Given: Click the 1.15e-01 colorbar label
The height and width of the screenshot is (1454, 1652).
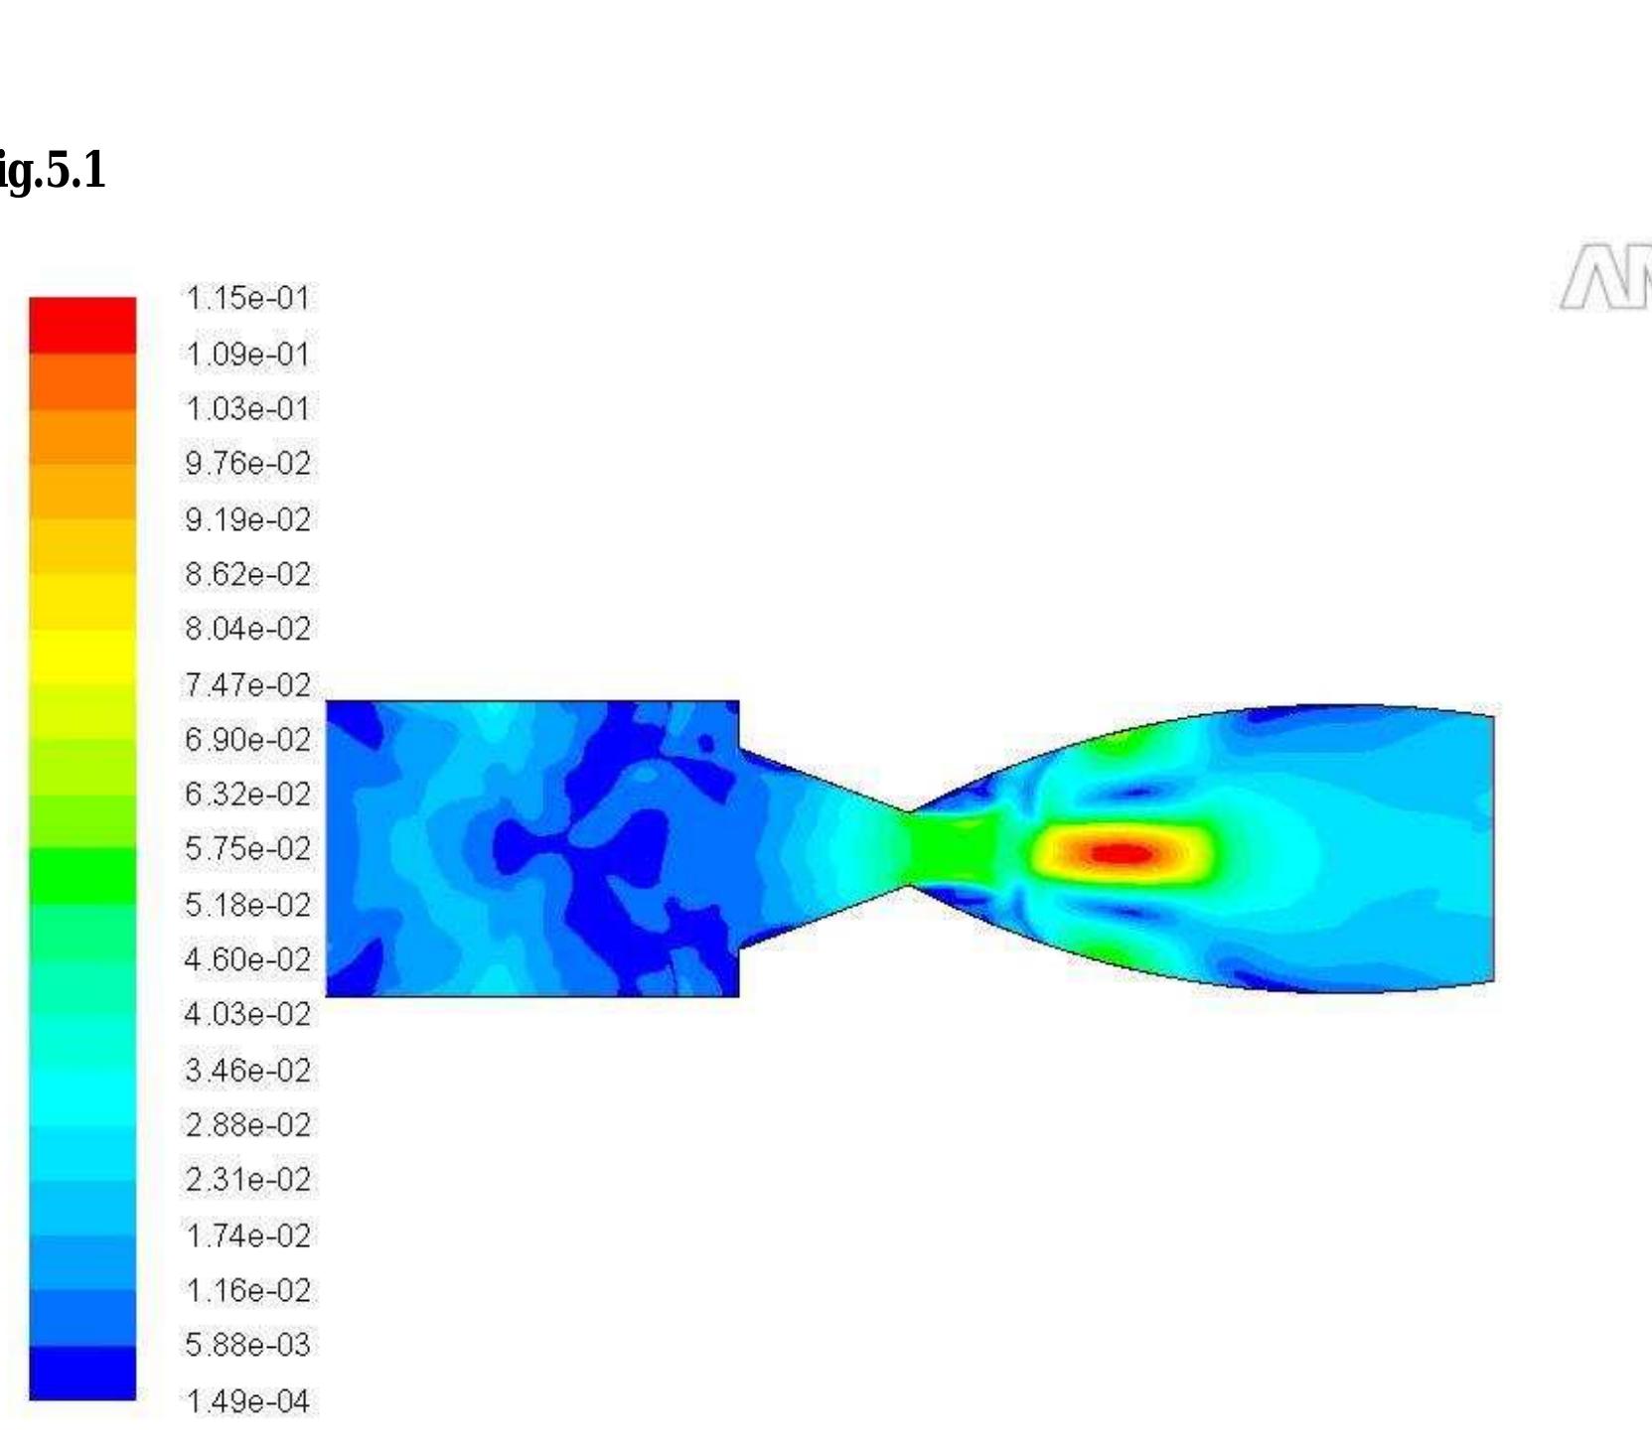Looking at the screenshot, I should pyautogui.click(x=247, y=298).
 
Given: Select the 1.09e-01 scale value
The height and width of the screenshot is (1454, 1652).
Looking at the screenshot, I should pyautogui.click(x=247, y=355).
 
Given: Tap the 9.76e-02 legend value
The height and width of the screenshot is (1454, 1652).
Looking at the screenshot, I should pyautogui.click(x=247, y=464).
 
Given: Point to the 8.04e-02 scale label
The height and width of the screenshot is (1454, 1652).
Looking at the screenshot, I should pyautogui.click(x=247, y=629).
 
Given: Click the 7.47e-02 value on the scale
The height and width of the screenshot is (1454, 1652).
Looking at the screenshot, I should pyautogui.click(x=247, y=685).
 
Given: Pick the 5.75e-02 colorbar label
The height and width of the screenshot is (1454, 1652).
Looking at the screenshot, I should pyautogui.click(x=247, y=849).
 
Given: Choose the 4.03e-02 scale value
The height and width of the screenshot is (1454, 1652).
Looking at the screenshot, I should pyautogui.click(x=247, y=1014).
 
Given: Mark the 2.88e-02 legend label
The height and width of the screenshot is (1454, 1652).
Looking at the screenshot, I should pyautogui.click(x=247, y=1125).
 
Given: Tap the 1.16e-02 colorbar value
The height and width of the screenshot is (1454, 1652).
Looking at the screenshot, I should pyautogui.click(x=247, y=1290).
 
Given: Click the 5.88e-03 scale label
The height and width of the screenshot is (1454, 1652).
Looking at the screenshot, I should pyautogui.click(x=247, y=1345).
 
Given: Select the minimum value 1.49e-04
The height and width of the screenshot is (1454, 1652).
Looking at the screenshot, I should pyautogui.click(x=247, y=1401).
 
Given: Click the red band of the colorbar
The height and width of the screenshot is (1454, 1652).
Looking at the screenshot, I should pyautogui.click(x=82, y=325).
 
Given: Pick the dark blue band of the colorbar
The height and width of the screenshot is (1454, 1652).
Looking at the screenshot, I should pyautogui.click(x=82, y=1373).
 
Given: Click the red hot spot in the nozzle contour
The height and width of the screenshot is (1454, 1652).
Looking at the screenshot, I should pyautogui.click(x=1121, y=853).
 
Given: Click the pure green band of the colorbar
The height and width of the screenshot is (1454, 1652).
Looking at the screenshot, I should pyautogui.click(x=82, y=875).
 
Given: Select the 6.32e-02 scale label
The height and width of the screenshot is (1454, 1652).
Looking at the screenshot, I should pyautogui.click(x=247, y=795).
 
